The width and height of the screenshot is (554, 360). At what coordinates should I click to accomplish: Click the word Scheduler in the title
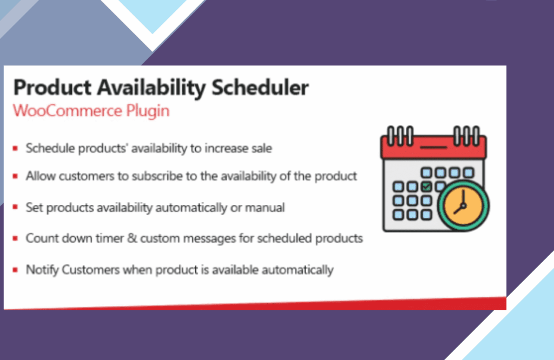pos(260,88)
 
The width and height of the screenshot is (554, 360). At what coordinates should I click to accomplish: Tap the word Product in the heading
pos(52,88)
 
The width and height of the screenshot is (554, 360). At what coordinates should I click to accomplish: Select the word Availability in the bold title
pos(151,88)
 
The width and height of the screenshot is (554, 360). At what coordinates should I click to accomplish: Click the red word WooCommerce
pos(68,110)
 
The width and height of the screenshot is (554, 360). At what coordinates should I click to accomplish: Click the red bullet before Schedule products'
pos(15,148)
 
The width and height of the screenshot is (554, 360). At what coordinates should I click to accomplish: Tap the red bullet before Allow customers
pos(15,176)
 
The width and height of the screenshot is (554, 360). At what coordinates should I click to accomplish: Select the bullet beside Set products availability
pos(15,207)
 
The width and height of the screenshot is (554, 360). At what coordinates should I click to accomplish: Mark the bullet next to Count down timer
pos(15,238)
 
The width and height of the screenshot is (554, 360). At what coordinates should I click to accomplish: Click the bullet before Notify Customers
pos(15,270)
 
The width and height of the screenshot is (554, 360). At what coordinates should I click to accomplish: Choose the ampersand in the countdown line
pos(132,238)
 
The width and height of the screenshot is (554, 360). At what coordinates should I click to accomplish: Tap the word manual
pos(265,207)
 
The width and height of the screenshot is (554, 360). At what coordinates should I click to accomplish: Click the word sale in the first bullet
pos(262,148)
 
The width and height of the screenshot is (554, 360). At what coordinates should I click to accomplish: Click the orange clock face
pos(463,206)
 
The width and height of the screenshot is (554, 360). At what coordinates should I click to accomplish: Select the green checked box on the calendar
pos(426,186)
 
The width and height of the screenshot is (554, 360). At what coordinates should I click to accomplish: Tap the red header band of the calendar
pos(433,147)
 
